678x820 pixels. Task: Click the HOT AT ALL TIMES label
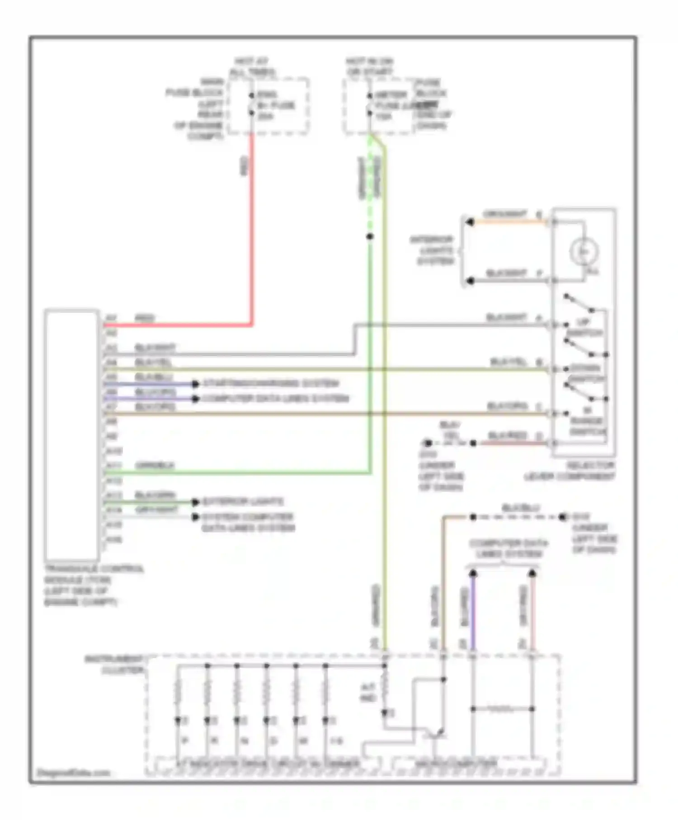coord(252,67)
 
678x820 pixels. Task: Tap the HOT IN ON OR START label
coord(370,66)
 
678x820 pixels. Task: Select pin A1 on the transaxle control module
coord(111,319)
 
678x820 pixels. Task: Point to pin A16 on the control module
coord(113,539)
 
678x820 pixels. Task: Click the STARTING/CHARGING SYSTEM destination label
coord(270,383)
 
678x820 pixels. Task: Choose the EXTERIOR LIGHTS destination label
coord(243,502)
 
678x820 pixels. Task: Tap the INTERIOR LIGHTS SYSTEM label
coord(432,250)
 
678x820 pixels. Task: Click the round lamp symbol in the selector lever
coord(584,251)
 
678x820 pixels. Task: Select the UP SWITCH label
coord(584,328)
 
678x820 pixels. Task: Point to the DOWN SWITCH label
coord(586,373)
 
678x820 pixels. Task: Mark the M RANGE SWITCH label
coord(587,421)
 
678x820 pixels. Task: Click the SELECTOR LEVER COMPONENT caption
coord(570,471)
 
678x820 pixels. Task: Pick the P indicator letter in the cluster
coord(184,741)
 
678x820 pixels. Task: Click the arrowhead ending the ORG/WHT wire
coord(470,222)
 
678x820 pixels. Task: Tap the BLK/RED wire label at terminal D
coord(508,436)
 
